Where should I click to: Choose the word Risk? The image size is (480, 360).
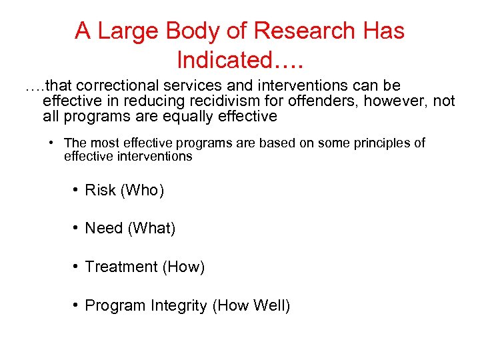[100, 191]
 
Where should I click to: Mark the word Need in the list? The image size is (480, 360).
[103, 229]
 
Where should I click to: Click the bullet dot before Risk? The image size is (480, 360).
[77, 191]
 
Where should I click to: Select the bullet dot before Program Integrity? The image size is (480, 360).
[77, 306]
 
